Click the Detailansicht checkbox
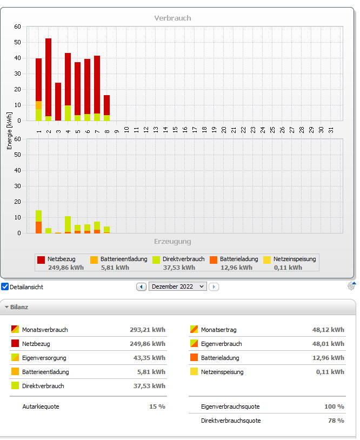5,286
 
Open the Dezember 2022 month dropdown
178,286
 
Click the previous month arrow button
142,287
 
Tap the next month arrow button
214,287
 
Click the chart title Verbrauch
172,18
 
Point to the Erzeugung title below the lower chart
172,242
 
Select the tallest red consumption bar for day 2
48,77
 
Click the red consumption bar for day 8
106,105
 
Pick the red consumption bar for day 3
58,102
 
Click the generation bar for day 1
38,222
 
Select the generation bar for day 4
68,224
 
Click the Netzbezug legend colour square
41,259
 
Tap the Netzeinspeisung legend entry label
295,259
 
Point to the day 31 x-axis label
331,130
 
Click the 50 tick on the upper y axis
17,42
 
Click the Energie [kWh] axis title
10,131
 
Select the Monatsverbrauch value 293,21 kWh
148,330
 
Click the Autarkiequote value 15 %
157,406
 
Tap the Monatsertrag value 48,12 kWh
328,330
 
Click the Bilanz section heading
19,307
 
